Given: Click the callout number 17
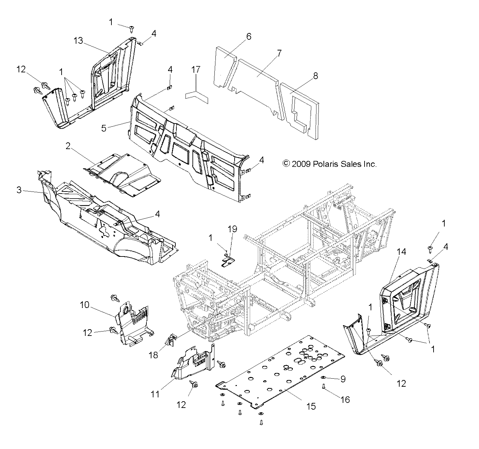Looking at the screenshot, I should [x=196, y=70].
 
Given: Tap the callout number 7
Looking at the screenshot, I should [x=279, y=53].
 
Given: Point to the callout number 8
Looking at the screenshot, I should [x=315, y=75].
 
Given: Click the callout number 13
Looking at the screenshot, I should [x=78, y=41].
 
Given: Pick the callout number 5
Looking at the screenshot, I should [x=104, y=128].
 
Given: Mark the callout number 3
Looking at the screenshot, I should [x=19, y=190].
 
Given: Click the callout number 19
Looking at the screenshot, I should [x=232, y=229].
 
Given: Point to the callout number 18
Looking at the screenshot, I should [x=153, y=355].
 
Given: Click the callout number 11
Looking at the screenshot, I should [x=155, y=394].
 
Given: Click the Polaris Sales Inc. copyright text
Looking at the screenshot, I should [x=329, y=164].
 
